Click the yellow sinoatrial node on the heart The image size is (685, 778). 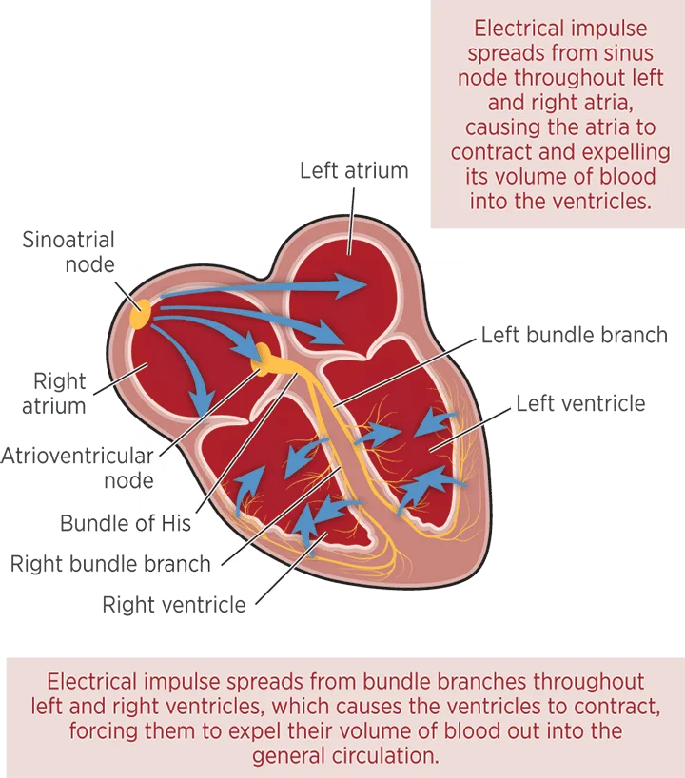coord(140,314)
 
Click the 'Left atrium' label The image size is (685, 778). coord(354,170)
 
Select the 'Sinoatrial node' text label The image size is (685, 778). coord(68,252)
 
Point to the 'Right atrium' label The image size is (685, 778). coord(54,394)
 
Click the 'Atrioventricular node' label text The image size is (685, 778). coord(77,468)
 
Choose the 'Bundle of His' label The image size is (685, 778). coord(126,523)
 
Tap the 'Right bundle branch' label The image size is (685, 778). coord(110,564)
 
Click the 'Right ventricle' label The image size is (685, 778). coord(174,605)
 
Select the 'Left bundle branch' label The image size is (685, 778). coord(575,336)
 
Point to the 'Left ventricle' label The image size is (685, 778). coord(580,403)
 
